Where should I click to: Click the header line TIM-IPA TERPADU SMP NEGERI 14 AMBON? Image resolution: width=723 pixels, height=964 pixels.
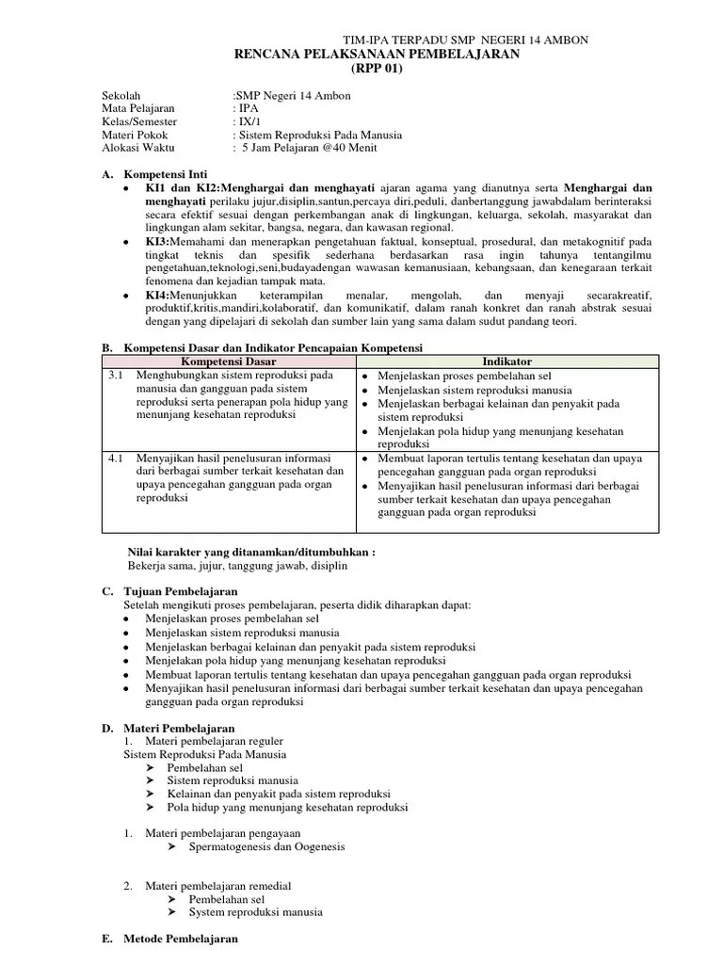point(466,40)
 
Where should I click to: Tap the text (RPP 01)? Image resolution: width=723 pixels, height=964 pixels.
point(376,70)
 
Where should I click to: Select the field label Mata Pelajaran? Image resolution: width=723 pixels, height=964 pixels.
point(138,108)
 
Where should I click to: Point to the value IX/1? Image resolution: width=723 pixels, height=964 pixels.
point(248,121)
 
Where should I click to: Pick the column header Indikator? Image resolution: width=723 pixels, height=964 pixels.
point(506,361)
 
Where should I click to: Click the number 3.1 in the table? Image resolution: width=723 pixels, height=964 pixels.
point(116,375)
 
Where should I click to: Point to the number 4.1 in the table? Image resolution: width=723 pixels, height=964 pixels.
point(116,458)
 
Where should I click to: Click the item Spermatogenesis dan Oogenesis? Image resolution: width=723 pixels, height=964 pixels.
point(267,846)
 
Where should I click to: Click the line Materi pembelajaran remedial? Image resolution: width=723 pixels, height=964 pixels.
point(217,886)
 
